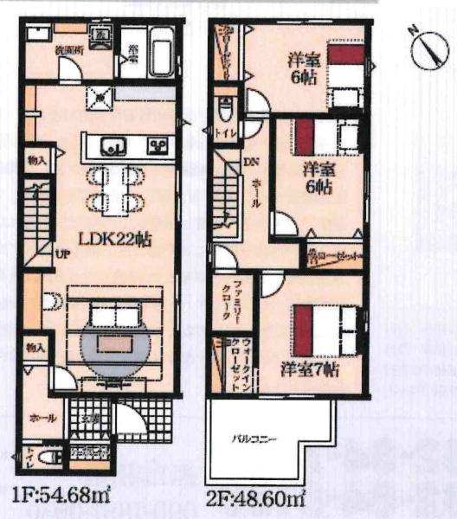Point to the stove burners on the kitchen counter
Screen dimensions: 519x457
[158, 144]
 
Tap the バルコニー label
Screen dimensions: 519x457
[254, 439]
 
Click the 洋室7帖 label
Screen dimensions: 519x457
[308, 369]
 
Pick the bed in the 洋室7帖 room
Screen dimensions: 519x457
[325, 329]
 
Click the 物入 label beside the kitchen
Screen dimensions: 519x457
[35, 161]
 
